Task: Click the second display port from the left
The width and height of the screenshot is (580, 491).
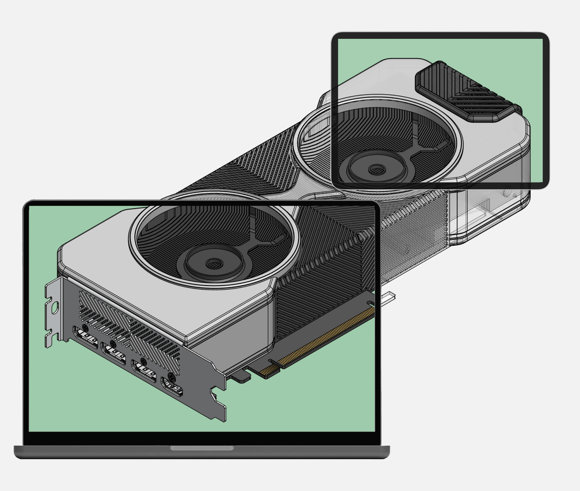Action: click(113, 353)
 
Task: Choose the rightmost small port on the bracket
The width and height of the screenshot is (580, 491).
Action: click(171, 387)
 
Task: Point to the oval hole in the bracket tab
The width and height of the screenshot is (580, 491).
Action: click(54, 307)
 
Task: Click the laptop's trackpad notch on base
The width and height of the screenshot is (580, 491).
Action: click(202, 447)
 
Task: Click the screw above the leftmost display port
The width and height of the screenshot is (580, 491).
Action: click(85, 326)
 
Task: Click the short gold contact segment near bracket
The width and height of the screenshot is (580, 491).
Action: click(269, 369)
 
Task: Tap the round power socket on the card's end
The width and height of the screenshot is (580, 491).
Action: click(506, 193)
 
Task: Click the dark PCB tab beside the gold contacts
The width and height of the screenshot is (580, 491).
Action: click(241, 377)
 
